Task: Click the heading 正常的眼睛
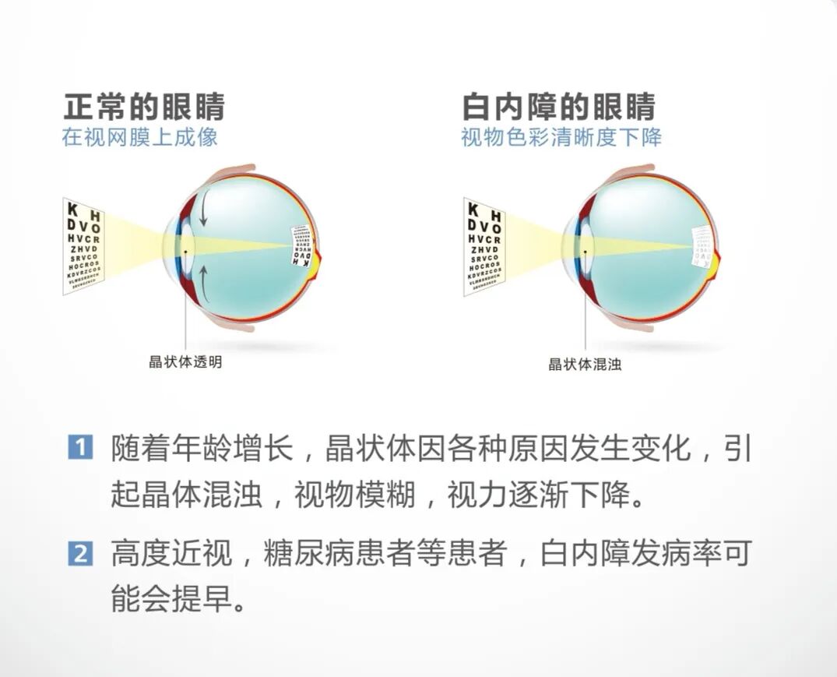click(x=144, y=107)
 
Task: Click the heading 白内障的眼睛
click(x=558, y=107)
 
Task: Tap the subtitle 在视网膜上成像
click(x=139, y=138)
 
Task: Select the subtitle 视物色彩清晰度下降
click(x=561, y=138)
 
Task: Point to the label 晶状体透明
click(x=185, y=362)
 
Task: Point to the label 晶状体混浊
click(x=585, y=364)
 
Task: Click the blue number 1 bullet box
click(x=80, y=449)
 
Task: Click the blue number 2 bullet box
click(x=80, y=555)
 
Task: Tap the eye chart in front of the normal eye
click(x=83, y=245)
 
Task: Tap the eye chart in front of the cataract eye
click(x=484, y=245)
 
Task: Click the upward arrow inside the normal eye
click(x=202, y=278)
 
